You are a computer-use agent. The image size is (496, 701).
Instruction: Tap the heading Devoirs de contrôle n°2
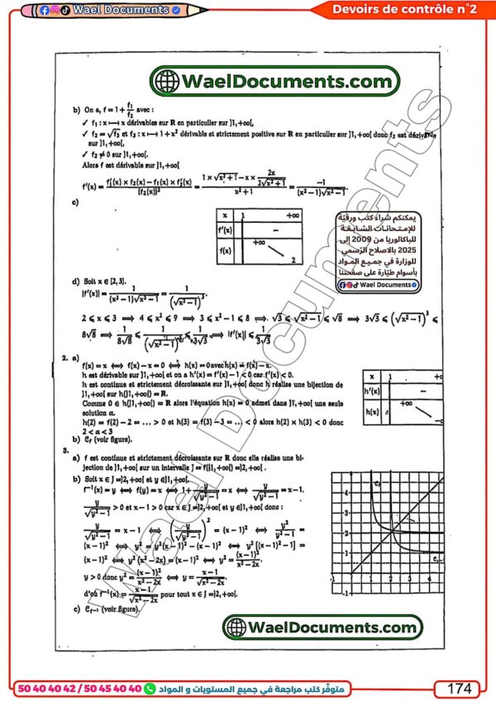(403, 9)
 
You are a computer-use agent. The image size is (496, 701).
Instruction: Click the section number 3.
(64, 452)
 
